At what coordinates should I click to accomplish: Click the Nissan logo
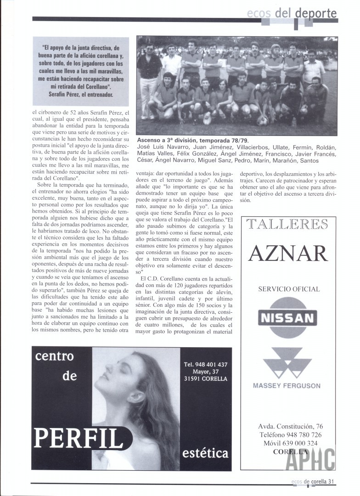click(287, 317)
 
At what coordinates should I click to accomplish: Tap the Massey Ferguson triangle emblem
click(287, 363)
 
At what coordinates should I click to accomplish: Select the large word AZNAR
click(288, 253)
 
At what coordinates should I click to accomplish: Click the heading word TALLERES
click(287, 224)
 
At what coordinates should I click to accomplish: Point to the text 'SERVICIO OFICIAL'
click(289, 289)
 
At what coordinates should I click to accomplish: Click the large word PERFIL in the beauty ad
click(79, 438)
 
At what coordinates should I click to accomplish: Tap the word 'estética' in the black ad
click(205, 453)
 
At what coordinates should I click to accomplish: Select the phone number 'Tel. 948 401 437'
click(205, 364)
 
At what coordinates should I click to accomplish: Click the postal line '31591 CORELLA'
click(205, 379)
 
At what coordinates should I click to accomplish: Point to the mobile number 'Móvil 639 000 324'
click(290, 443)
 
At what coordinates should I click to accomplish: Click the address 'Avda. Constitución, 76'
click(290, 426)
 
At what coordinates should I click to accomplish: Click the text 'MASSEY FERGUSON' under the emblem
click(287, 386)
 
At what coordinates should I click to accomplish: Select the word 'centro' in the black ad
click(55, 355)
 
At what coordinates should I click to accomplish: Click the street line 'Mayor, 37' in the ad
click(205, 372)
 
